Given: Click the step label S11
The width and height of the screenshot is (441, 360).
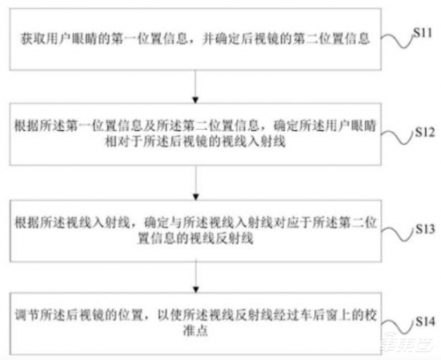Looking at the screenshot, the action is tap(422, 33).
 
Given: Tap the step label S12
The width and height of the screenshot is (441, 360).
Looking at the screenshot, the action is tap(425, 131).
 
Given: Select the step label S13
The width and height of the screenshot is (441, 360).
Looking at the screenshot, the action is tap(425, 229).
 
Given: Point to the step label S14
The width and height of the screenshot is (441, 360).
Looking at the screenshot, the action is tap(425, 321).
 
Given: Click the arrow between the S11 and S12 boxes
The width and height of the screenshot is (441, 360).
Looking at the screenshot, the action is tap(196, 87).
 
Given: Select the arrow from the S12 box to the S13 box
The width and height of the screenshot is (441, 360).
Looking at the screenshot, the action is tap(196, 182).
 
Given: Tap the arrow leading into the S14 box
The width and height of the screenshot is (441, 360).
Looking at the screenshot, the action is tap(196, 277).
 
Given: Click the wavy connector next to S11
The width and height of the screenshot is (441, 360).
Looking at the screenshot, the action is tap(397, 40).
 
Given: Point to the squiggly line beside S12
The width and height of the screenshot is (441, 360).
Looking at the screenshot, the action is tap(398, 138).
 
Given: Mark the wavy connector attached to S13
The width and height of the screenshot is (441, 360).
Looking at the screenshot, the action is tap(399, 234).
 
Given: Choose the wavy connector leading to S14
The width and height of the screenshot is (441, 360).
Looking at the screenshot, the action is tap(399, 327).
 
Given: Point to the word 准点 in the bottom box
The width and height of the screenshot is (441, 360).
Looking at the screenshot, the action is tap(196, 331).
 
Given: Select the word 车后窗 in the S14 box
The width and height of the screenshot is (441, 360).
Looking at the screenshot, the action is tap(320, 315).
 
